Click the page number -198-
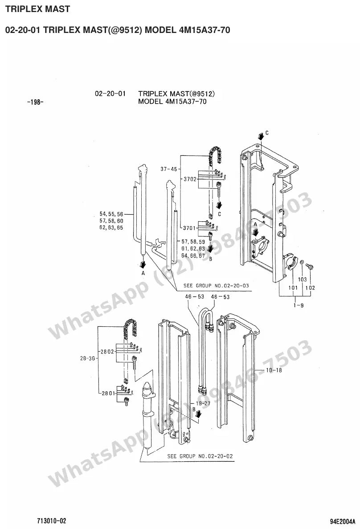click(35, 102)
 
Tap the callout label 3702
click(190, 179)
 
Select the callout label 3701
click(189, 228)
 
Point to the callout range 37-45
click(168, 169)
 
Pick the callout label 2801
click(108, 393)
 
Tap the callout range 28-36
click(87, 358)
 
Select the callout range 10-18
click(274, 370)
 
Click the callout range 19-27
click(203, 403)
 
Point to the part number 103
click(302, 279)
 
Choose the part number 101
click(293, 288)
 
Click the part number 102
click(310, 288)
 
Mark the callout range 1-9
click(299, 305)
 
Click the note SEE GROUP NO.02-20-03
click(216, 286)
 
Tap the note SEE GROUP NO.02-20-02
click(200, 456)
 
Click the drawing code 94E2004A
click(343, 521)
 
